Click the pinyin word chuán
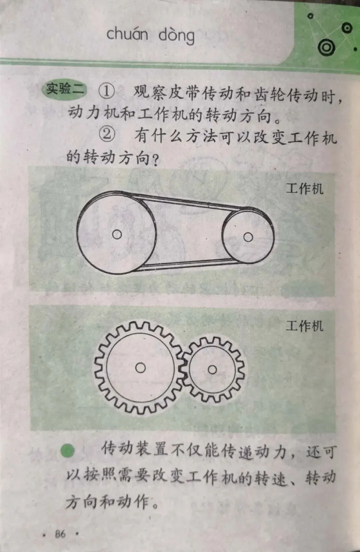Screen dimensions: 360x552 (x=127, y=34)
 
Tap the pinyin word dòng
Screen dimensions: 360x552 (x=176, y=36)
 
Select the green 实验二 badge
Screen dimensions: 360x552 (x=64, y=89)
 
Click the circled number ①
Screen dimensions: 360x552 (x=107, y=91)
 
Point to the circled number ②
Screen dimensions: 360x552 (x=107, y=134)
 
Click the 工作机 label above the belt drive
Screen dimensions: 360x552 (x=304, y=189)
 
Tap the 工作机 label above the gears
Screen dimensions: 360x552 (x=304, y=326)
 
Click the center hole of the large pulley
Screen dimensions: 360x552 (x=117, y=234)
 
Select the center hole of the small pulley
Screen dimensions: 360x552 (x=248, y=237)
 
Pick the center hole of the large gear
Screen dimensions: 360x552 (x=140, y=368)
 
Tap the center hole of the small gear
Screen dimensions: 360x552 (x=212, y=369)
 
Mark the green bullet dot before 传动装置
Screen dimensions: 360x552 (x=68, y=451)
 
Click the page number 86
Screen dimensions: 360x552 (x=60, y=534)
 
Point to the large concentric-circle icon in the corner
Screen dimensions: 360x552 (x=326, y=48)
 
